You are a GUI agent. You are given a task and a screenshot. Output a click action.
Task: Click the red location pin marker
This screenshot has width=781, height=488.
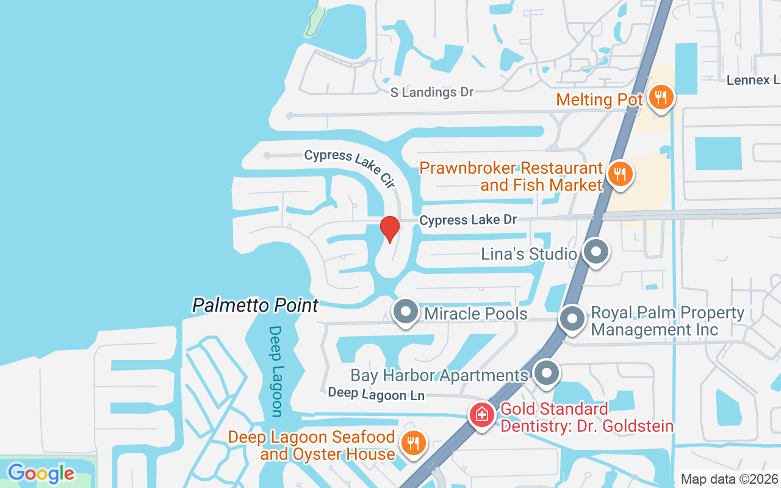[x=389, y=229]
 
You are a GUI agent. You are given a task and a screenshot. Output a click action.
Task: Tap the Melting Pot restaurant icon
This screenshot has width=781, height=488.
[x=660, y=98]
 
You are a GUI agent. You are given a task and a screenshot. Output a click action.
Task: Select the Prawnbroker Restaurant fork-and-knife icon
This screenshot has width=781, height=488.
[x=620, y=174]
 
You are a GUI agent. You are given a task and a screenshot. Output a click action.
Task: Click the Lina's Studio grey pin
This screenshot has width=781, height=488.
[x=596, y=252]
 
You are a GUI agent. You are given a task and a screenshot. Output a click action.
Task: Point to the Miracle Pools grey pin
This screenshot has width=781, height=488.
[x=405, y=312]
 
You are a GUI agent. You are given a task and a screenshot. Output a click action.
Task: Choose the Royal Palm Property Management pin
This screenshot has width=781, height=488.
[x=572, y=318]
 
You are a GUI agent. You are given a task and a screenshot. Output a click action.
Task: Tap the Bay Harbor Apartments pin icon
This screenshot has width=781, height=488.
[x=546, y=374]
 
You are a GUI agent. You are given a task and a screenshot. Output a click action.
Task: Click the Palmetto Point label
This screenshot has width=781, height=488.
[x=255, y=305]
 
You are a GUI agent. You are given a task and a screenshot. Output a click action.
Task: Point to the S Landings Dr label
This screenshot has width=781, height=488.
[x=432, y=92]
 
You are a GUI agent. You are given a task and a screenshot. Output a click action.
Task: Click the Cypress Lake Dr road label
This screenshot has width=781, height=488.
[x=468, y=220]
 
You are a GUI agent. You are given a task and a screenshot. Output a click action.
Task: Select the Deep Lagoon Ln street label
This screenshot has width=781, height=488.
[x=376, y=394]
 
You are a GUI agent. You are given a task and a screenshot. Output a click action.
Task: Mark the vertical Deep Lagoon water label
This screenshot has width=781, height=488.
[x=276, y=371]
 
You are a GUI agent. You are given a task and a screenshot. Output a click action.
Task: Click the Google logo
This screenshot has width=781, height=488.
[x=41, y=473]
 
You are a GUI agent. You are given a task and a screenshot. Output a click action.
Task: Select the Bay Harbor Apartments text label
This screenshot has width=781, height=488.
[x=439, y=375]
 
